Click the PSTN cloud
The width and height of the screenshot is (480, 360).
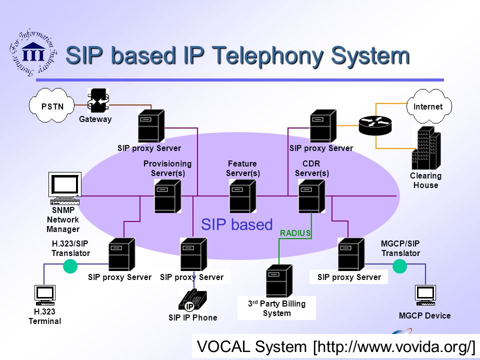(x=51, y=105)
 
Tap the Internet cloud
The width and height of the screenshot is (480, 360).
(x=428, y=106)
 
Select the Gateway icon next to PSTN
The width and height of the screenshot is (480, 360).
(x=98, y=100)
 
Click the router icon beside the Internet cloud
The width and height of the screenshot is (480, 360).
(x=375, y=125)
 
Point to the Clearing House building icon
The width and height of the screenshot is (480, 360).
(x=426, y=148)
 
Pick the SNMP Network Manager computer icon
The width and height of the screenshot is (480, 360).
(x=65, y=188)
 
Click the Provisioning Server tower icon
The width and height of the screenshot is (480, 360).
(x=167, y=196)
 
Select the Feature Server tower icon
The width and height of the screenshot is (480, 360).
(x=242, y=196)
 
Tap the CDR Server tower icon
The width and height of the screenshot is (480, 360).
(x=311, y=196)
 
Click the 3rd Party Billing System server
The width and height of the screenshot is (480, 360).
(x=279, y=281)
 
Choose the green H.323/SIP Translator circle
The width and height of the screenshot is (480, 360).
(x=70, y=266)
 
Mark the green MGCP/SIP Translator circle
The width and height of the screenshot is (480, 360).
(x=400, y=266)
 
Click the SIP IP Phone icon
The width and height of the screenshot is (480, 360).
(x=192, y=300)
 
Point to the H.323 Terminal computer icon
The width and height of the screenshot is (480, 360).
(x=45, y=295)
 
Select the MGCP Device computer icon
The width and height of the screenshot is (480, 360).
(x=425, y=295)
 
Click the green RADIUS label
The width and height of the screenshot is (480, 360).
(x=295, y=233)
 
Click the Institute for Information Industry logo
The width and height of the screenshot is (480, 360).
(x=33, y=53)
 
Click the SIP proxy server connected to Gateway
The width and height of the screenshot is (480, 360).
(x=151, y=126)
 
